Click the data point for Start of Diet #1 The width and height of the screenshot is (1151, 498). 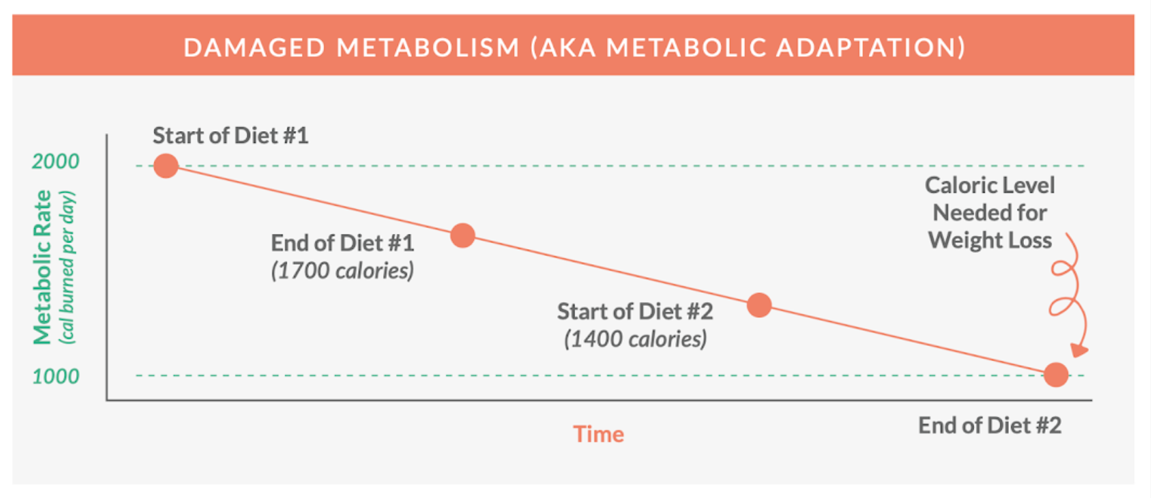pyautogui.click(x=166, y=166)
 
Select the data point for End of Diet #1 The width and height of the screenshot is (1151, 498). pyautogui.click(x=463, y=235)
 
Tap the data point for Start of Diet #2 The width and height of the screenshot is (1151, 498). pyautogui.click(x=759, y=305)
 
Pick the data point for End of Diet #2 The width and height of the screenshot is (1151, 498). pyautogui.click(x=1056, y=375)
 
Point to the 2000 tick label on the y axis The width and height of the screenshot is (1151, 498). pyautogui.click(x=56, y=161)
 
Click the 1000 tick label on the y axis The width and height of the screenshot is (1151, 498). pyautogui.click(x=56, y=377)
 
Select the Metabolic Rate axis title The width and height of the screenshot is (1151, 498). pyautogui.click(x=42, y=267)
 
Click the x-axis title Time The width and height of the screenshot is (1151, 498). pyautogui.click(x=598, y=434)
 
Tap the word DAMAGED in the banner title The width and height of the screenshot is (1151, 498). pyautogui.click(x=254, y=48)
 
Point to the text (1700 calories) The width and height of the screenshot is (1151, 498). pyautogui.click(x=342, y=271)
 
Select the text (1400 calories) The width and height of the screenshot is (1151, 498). pyautogui.click(x=635, y=339)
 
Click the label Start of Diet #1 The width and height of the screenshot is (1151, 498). pyautogui.click(x=230, y=136)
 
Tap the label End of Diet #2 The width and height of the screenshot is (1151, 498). pyautogui.click(x=989, y=426)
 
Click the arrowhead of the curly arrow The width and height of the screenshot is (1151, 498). pyautogui.click(x=1079, y=351)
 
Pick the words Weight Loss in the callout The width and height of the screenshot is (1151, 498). pyautogui.click(x=989, y=240)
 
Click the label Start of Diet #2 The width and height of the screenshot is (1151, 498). pyautogui.click(x=634, y=311)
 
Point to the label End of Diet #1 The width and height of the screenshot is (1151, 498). pyautogui.click(x=342, y=243)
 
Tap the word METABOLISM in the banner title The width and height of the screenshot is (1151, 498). pyautogui.click(x=428, y=48)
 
